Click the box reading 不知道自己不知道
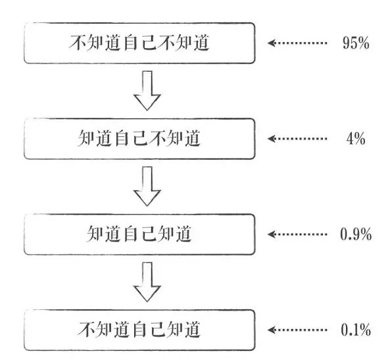tap(139, 43)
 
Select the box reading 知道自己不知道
tap(139, 138)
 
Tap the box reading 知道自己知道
tap(139, 234)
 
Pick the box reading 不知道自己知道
tap(139, 330)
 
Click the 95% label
tap(356, 43)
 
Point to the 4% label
tap(356, 138)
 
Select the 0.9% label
tap(356, 234)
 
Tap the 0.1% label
tap(356, 330)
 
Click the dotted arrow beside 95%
tap(297, 43)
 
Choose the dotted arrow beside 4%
tap(297, 138)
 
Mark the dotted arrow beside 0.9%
tap(297, 234)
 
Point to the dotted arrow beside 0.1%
tap(297, 330)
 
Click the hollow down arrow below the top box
tap(147, 91)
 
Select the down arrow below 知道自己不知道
tap(147, 186)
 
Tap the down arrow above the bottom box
tap(147, 282)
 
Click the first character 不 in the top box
tap(78, 43)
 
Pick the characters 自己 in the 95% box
tap(139, 43)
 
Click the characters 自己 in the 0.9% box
tap(139, 234)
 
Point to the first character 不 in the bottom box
tap(86, 330)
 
